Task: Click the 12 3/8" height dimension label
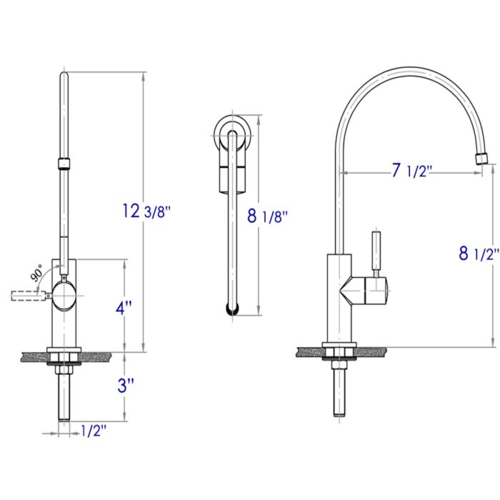point(146,211)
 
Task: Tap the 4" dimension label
point(124,309)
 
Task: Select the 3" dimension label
point(126,386)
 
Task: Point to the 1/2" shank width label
point(94,431)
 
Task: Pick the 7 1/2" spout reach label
point(414,171)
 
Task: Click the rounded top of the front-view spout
point(64,76)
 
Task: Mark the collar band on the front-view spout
point(64,164)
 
